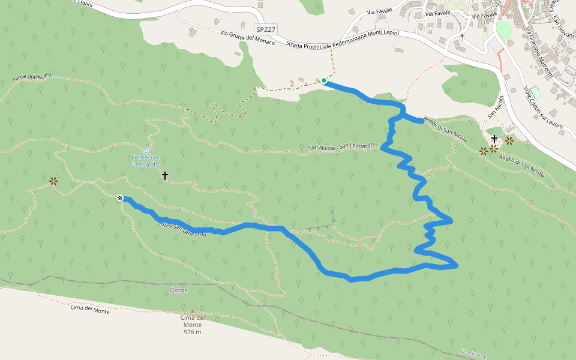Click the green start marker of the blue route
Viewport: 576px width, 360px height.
[324, 80]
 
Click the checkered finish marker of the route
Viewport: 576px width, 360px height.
[120, 198]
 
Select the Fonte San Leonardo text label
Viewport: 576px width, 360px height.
[145, 161]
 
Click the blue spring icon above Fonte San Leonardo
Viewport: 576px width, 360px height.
[146, 150]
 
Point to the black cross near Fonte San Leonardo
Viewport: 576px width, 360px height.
[165, 176]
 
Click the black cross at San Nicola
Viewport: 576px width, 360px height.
[494, 139]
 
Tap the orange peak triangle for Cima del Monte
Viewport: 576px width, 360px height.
[193, 311]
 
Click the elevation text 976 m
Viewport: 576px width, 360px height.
[193, 332]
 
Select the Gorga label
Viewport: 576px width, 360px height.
[179, 290]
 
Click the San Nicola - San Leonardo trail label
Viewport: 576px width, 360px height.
[341, 147]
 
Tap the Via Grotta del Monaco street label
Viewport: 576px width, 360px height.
[247, 38]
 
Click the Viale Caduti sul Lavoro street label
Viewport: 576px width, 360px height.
[542, 108]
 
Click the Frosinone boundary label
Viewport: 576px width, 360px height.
[474, 354]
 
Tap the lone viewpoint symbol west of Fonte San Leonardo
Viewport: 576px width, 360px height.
[53, 181]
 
